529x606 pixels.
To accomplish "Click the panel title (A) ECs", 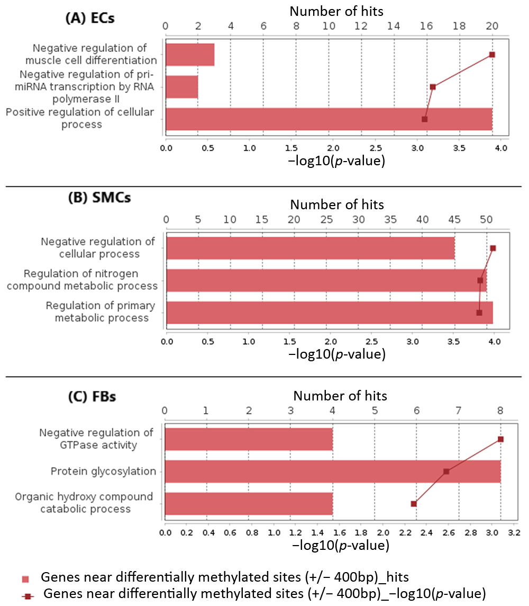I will click(89, 17).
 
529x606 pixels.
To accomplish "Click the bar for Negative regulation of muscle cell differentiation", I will click(190, 55).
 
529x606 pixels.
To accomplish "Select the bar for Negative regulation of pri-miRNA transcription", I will click(182, 87).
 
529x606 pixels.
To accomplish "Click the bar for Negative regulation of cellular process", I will click(311, 248).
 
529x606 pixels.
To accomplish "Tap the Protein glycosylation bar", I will click(333, 471).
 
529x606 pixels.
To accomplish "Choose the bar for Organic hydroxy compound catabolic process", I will click(249, 504).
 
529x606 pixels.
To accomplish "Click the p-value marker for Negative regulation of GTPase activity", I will click(500, 439).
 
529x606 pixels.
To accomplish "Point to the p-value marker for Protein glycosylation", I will click(446, 471).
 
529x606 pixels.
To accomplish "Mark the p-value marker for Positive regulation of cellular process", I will click(424, 119).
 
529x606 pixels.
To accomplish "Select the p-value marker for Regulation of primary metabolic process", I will click(479, 313).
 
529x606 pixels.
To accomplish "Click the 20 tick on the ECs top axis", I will click(492, 26).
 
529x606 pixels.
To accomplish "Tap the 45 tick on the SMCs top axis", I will click(454, 219).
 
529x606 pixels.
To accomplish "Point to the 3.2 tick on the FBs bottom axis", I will click(514, 532).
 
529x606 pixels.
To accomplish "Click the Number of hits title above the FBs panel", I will click(340, 396).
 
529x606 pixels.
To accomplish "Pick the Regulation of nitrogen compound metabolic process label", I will click(90, 280).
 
